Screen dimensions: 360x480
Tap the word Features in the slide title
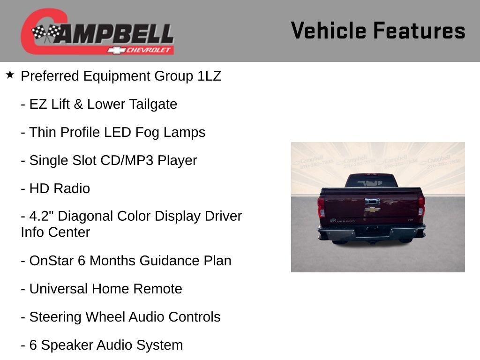[419, 31]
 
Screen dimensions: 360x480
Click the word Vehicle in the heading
[328, 31]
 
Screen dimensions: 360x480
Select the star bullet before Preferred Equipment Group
[10, 75]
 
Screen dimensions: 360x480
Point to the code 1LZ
[209, 76]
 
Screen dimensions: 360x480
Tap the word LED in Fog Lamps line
[118, 132]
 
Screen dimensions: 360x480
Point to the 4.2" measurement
[42, 217]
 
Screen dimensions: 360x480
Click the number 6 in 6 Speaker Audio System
[33, 345]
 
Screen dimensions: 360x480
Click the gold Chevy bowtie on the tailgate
[372, 210]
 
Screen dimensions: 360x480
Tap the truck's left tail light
[321, 206]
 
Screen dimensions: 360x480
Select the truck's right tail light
[421, 205]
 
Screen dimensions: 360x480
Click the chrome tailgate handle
[372, 202]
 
